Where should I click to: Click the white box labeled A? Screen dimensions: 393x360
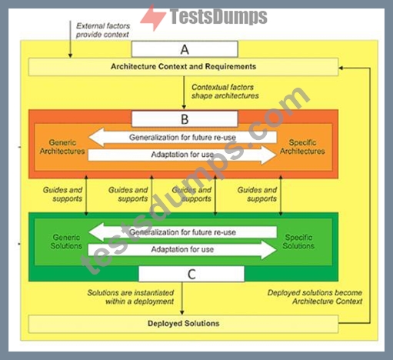click(x=185, y=49)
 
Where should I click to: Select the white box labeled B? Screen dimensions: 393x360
click(x=185, y=119)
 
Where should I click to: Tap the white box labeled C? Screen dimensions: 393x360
click(x=192, y=274)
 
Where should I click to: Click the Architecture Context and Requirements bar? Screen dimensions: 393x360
click(x=183, y=67)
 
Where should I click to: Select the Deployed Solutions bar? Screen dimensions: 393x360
click(x=183, y=324)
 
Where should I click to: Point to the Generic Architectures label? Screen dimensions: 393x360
click(x=62, y=147)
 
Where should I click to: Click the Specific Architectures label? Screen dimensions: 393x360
click(x=302, y=147)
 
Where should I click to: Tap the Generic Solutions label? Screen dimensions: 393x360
click(x=66, y=242)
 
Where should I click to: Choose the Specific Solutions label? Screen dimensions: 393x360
click(x=298, y=242)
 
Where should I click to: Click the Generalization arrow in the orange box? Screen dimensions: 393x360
click(x=182, y=138)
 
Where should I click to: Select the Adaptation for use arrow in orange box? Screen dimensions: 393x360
click(x=182, y=155)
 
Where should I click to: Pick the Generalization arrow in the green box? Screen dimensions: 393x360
click(x=182, y=232)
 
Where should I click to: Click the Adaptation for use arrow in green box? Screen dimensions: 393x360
click(x=182, y=249)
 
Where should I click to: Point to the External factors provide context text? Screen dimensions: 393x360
click(x=103, y=30)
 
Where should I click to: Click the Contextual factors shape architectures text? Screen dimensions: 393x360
click(x=225, y=92)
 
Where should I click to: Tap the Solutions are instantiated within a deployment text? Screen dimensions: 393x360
click(x=131, y=297)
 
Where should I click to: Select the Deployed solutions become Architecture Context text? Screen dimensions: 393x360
click(x=315, y=297)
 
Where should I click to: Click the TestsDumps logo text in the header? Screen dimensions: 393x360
click(x=218, y=17)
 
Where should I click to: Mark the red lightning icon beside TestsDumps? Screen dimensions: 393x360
click(x=153, y=18)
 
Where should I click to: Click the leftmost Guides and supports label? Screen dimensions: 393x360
click(x=62, y=195)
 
